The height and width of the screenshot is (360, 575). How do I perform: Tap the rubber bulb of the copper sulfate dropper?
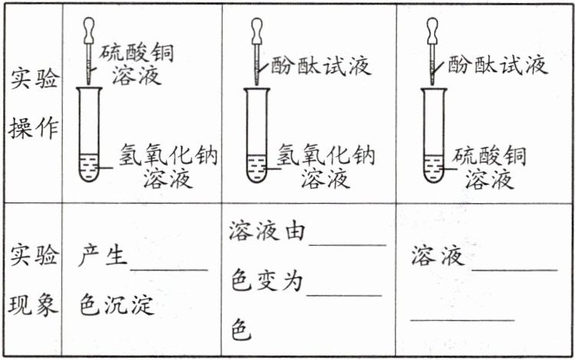click(89, 30)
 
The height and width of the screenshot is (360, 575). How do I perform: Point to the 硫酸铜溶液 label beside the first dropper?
click(136, 64)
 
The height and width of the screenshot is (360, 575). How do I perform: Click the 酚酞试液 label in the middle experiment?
click(321, 66)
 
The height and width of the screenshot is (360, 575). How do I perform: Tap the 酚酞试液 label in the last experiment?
click(498, 64)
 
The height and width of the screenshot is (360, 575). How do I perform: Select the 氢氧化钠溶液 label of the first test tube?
click(168, 167)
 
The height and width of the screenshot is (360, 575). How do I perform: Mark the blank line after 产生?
click(168, 269)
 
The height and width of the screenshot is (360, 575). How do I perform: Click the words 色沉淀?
click(116, 306)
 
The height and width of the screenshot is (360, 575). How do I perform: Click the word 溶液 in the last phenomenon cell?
click(437, 256)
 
